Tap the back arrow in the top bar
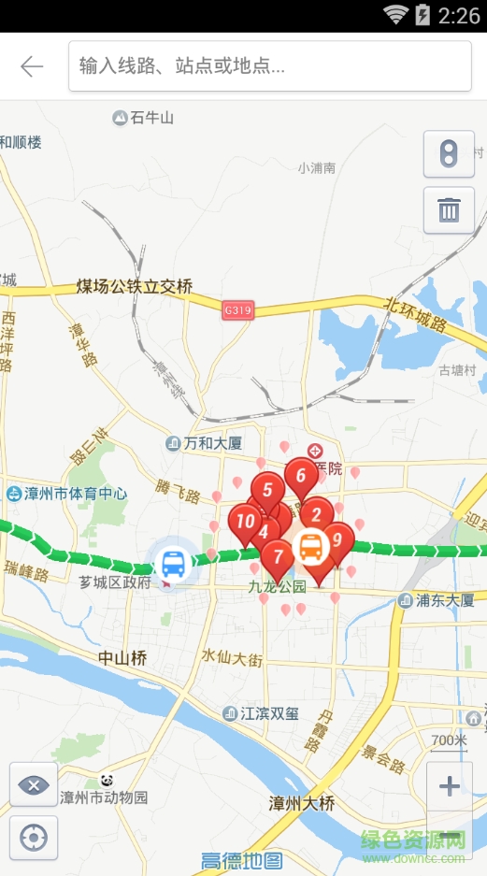coord(32,66)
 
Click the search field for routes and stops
coord(269,66)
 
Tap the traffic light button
coord(449,154)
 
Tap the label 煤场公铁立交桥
coord(135,287)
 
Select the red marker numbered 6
coord(300,476)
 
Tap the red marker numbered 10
coord(245,522)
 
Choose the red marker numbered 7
coord(278,557)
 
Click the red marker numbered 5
coord(267,490)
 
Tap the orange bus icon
coord(311,547)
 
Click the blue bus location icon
coord(174,564)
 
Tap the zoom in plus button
coord(450,785)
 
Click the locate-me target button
coord(34,838)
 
